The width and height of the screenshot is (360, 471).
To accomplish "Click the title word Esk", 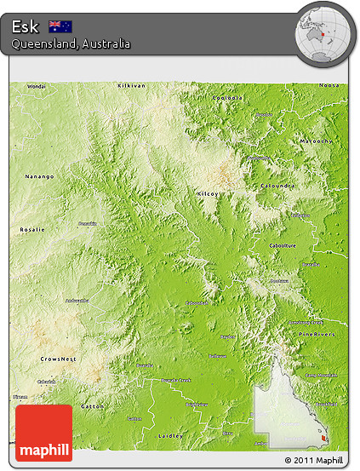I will [26, 26].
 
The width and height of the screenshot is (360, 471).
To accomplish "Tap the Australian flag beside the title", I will [60, 26].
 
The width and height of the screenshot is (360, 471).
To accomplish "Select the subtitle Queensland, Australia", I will [71, 43].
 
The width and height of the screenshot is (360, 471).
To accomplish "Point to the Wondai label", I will [37, 87].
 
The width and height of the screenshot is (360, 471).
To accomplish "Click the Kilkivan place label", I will [132, 86].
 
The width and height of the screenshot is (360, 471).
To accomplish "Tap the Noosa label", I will [329, 86].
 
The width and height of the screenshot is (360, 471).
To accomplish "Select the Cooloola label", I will [228, 98].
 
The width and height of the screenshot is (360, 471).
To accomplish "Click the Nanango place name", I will [38, 176].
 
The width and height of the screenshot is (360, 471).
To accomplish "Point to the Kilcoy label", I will [208, 194].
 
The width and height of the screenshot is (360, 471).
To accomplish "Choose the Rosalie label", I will [33, 230].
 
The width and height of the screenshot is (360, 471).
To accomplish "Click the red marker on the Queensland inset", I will [322, 439].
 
